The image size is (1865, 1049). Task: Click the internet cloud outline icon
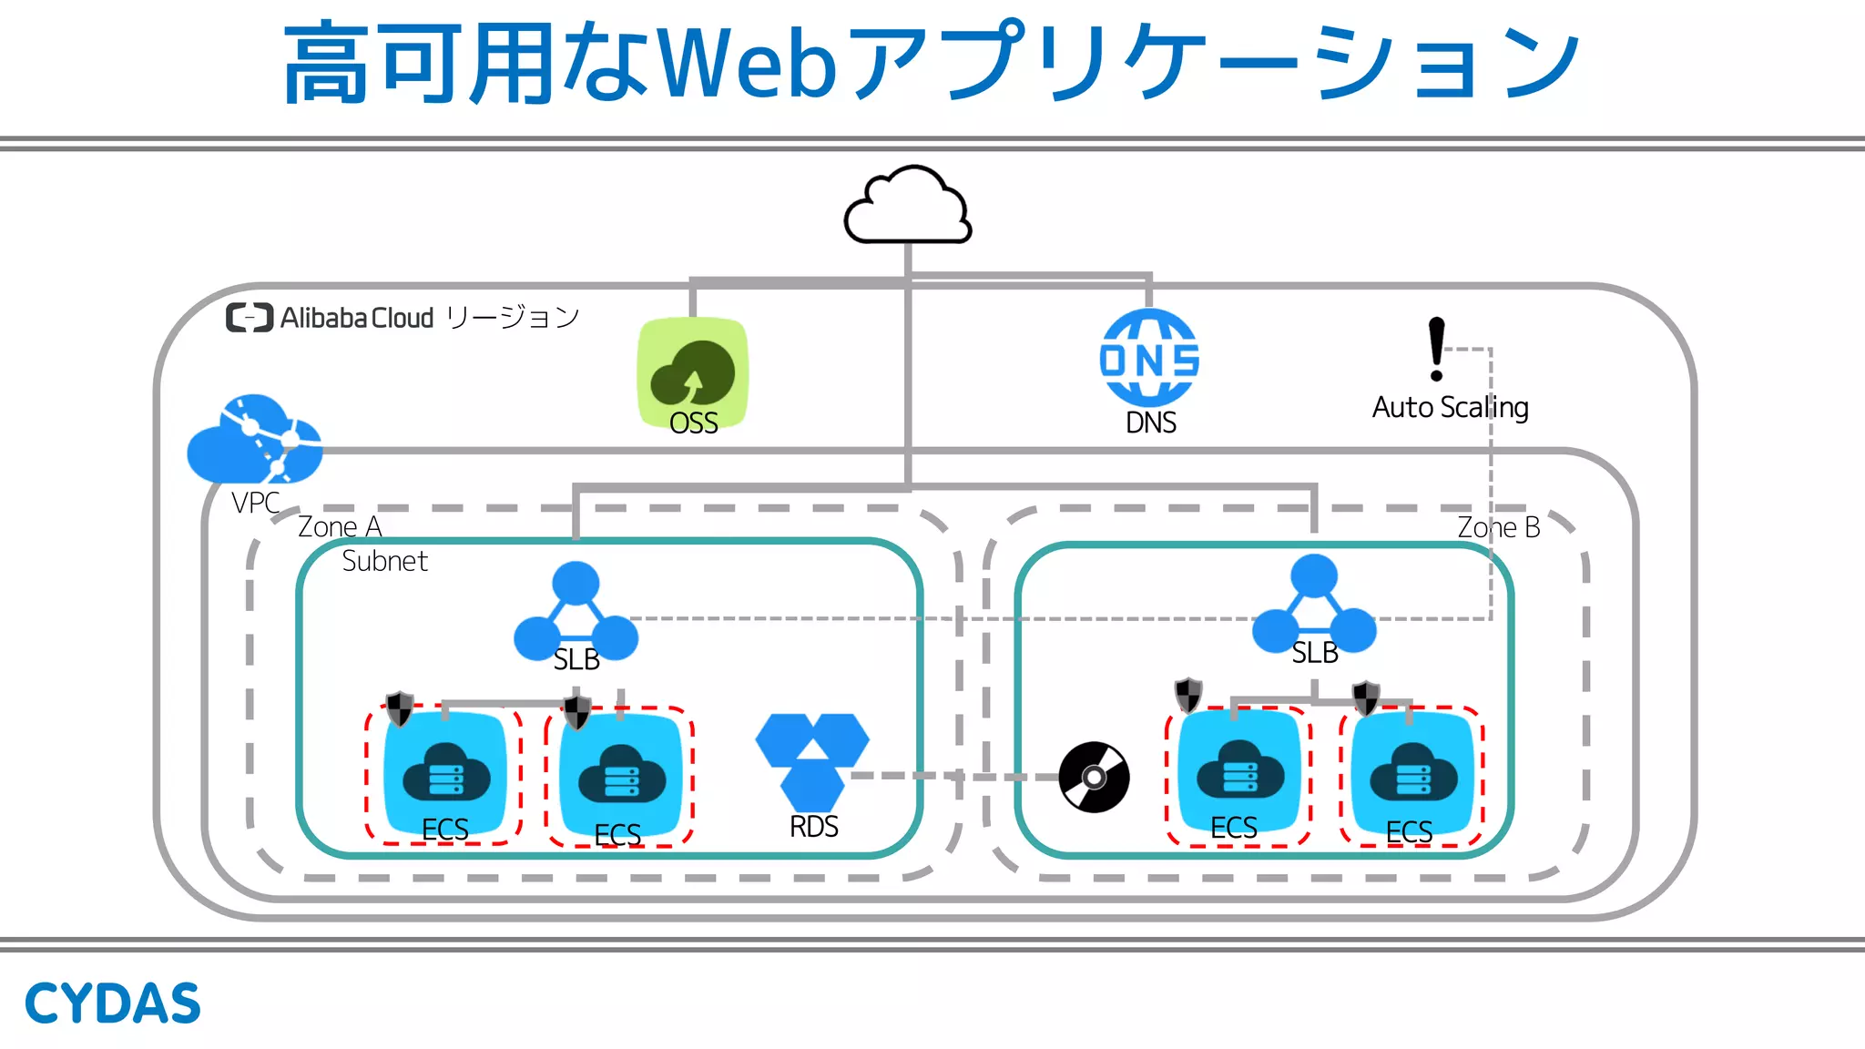click(907, 207)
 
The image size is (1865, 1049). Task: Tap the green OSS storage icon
click(693, 371)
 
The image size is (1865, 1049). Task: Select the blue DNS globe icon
click(1149, 357)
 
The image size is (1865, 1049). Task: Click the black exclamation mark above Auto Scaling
click(1436, 349)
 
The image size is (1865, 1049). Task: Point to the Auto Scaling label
click(1450, 407)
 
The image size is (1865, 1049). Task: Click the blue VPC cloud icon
click(254, 440)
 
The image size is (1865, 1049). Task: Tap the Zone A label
click(340, 527)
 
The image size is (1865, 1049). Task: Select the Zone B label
click(1498, 527)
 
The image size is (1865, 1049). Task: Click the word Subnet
click(384, 561)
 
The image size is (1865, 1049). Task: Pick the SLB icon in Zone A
click(576, 612)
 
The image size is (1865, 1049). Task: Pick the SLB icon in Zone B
click(1314, 605)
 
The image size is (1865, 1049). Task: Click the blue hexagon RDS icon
click(812, 760)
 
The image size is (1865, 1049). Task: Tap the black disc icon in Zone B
click(1094, 777)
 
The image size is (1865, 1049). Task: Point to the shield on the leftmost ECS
click(400, 708)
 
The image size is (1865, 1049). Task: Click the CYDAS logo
click(112, 1003)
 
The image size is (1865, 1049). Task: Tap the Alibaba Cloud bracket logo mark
click(250, 318)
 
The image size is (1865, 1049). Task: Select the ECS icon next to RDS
click(620, 777)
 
